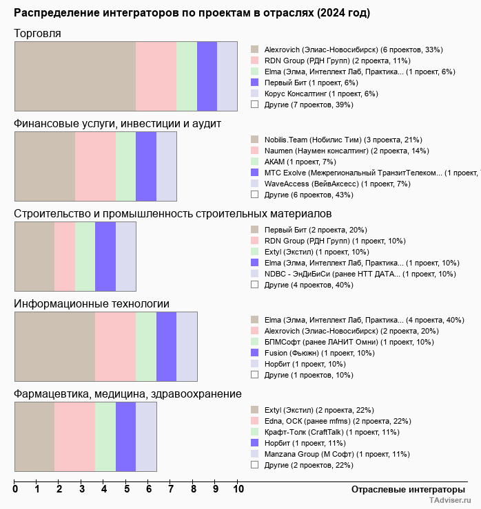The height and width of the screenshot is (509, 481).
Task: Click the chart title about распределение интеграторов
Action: [192, 13]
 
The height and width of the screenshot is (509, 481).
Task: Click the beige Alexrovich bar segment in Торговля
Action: [74, 76]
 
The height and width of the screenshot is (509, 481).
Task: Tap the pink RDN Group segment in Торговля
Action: [156, 76]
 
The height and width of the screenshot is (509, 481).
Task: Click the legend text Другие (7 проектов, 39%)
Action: [309, 105]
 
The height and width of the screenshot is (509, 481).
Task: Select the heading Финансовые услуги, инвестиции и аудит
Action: [117, 123]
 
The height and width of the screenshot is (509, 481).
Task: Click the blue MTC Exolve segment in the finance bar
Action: [145, 166]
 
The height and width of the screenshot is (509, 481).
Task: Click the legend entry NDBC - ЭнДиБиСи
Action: [360, 274]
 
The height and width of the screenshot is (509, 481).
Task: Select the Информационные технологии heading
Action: [92, 303]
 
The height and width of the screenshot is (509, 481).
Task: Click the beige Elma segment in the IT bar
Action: [54, 347]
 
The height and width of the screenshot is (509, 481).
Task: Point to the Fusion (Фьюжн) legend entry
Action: [319, 353]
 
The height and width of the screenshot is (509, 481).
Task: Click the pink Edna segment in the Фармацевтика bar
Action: [74, 437]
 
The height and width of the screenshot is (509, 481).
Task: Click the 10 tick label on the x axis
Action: [238, 490]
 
